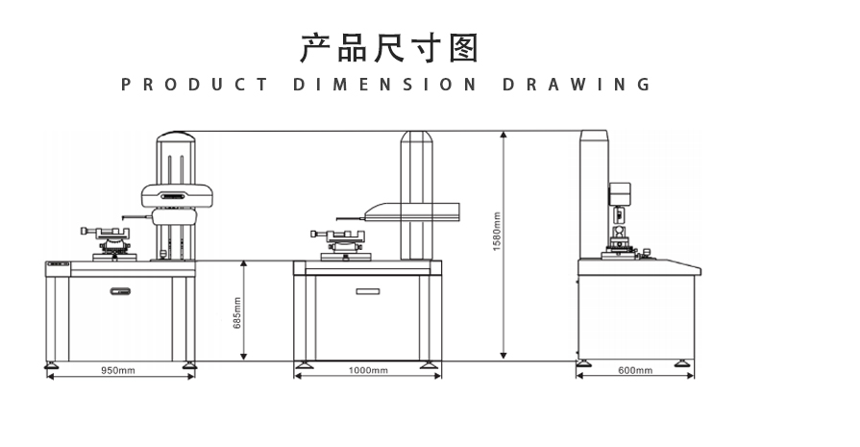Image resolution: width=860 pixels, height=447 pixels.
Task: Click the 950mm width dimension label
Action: [x=118, y=371]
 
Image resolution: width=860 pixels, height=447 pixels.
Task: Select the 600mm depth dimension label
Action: [x=634, y=371]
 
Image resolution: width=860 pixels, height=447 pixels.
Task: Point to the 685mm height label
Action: [x=237, y=311]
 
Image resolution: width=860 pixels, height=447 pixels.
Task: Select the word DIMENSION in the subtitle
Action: [x=384, y=85]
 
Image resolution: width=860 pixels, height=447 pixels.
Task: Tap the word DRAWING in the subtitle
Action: [x=577, y=85]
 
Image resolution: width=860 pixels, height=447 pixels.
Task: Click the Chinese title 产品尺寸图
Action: [x=388, y=47]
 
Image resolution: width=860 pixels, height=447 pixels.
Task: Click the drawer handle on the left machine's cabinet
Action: [x=120, y=290]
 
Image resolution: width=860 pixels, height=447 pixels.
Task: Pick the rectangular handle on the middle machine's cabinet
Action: [x=367, y=290]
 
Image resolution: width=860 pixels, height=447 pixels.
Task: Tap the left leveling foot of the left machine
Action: [x=52, y=364]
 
